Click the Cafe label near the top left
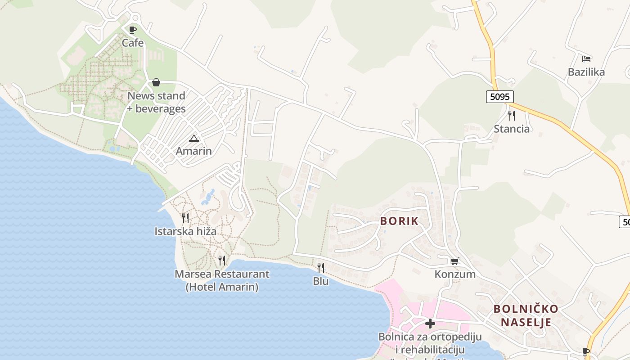tap(133, 43)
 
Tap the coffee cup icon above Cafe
tap(132, 30)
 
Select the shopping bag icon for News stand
tap(156, 82)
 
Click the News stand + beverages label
tap(157, 102)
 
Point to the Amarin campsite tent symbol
tap(193, 138)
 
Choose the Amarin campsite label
tap(193, 151)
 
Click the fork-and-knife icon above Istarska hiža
tap(185, 218)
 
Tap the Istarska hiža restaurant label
tap(185, 231)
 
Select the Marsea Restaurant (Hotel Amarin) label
tap(222, 280)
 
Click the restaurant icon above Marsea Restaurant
tap(222, 261)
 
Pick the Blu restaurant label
tap(321, 281)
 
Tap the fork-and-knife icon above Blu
tap(321, 268)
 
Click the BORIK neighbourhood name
tap(399, 221)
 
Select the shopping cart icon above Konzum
tap(455, 261)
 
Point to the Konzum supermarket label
tap(455, 274)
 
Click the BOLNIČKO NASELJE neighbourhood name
tap(526, 315)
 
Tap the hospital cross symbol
tap(430, 323)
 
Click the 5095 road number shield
tap(499, 97)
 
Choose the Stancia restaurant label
tap(512, 129)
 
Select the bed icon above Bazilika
tap(586, 59)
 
